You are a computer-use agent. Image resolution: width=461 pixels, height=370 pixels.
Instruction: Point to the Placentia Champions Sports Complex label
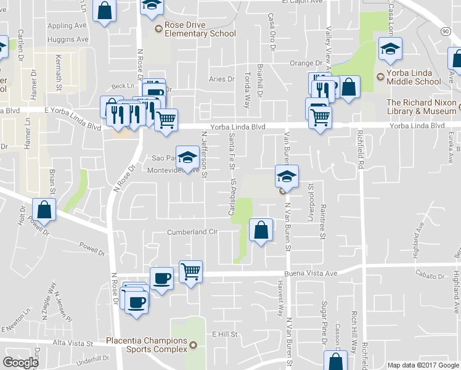click(146, 345)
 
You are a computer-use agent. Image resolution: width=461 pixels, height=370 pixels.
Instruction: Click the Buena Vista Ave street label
click(311, 273)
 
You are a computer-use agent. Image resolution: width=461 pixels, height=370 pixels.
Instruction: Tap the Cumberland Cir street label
click(193, 232)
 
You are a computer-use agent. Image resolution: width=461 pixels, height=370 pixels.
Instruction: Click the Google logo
click(20, 363)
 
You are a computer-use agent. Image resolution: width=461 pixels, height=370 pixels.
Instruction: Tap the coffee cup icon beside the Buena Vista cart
click(162, 279)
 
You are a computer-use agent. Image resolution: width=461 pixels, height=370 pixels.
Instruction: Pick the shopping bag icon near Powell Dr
click(45, 210)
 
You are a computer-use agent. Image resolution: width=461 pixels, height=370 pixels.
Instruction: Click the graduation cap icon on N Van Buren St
click(287, 176)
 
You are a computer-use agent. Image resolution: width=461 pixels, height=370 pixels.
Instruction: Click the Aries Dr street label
click(222, 79)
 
